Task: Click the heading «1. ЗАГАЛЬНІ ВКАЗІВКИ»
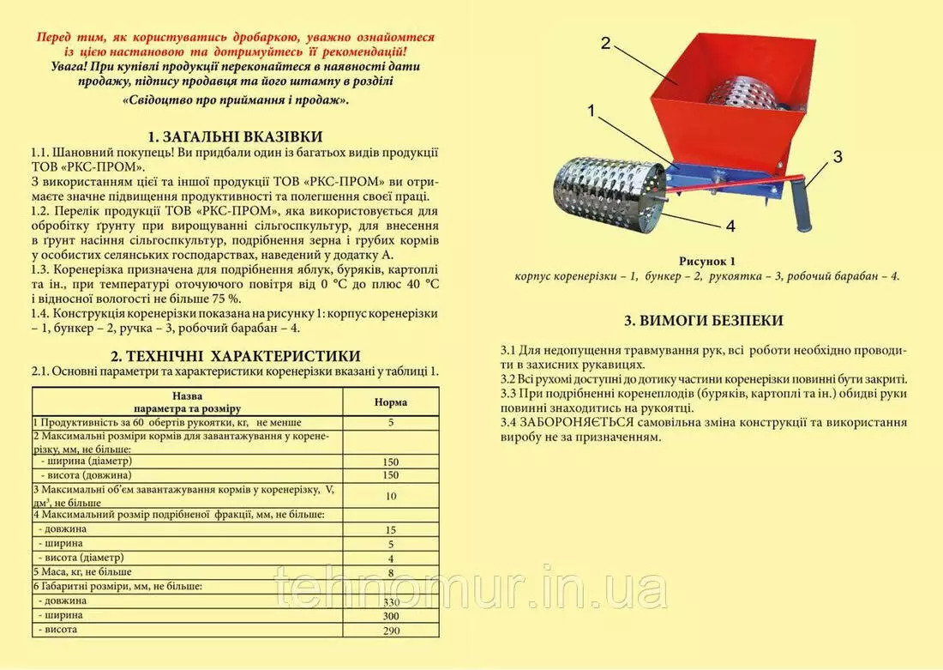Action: (x=235, y=136)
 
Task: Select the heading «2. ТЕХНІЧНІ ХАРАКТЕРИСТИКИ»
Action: (x=235, y=356)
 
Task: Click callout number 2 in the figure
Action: (x=605, y=44)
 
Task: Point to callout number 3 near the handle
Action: (x=838, y=157)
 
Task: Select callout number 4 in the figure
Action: (x=730, y=227)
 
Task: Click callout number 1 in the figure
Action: (x=592, y=111)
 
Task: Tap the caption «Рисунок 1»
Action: (x=707, y=261)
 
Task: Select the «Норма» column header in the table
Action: (x=391, y=401)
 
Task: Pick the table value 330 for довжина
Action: (x=391, y=602)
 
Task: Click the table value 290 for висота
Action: (x=391, y=631)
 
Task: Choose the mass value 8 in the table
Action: (x=391, y=573)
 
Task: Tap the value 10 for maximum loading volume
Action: (x=391, y=496)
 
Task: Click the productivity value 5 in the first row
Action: (x=391, y=422)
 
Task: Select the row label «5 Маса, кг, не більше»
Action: (x=83, y=571)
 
